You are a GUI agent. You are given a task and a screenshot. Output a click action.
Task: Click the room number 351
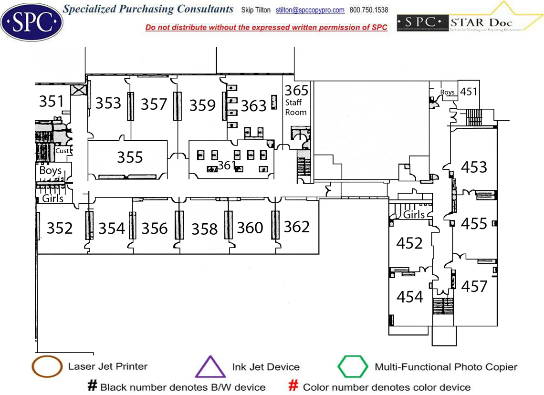tap(51, 101)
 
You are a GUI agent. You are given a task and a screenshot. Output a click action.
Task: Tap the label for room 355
tap(130, 157)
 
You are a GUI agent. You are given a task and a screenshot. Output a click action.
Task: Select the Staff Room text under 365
tap(296, 107)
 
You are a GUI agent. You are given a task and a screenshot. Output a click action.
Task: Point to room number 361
tap(227, 165)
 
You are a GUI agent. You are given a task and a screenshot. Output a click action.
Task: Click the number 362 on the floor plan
tap(297, 227)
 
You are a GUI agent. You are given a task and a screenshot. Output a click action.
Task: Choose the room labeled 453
tap(474, 167)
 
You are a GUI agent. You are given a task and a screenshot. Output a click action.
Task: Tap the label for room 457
tap(474, 286)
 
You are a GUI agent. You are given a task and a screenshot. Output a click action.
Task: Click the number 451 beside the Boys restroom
tap(469, 91)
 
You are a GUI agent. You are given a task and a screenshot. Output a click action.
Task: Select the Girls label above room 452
tap(414, 215)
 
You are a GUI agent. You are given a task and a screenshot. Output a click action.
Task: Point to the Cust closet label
tap(62, 151)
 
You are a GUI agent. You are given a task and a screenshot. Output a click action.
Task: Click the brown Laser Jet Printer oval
tap(47, 367)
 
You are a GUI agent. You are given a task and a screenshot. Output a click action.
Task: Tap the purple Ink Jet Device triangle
tap(210, 367)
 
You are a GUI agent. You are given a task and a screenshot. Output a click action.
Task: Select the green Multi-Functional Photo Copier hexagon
tap(353, 367)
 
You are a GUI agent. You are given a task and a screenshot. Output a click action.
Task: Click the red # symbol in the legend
tap(294, 386)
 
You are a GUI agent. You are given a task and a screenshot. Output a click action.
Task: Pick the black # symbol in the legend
tap(92, 386)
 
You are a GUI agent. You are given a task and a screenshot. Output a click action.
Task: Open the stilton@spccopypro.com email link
tap(310, 10)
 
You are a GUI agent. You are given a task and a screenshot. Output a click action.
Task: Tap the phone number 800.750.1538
tap(369, 10)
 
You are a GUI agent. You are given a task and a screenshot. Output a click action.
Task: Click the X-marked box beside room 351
tap(78, 90)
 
